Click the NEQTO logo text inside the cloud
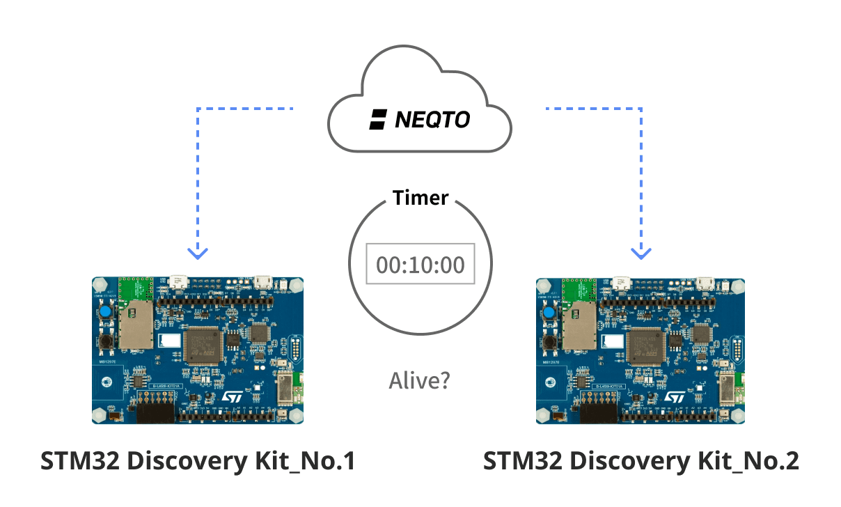432,120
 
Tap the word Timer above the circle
420,198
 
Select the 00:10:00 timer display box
420,264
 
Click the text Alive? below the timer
419,380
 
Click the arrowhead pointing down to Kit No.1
198,252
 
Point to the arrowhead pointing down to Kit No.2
640,252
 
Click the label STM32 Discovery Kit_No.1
198,461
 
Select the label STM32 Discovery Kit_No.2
640,461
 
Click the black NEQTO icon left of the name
378,120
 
